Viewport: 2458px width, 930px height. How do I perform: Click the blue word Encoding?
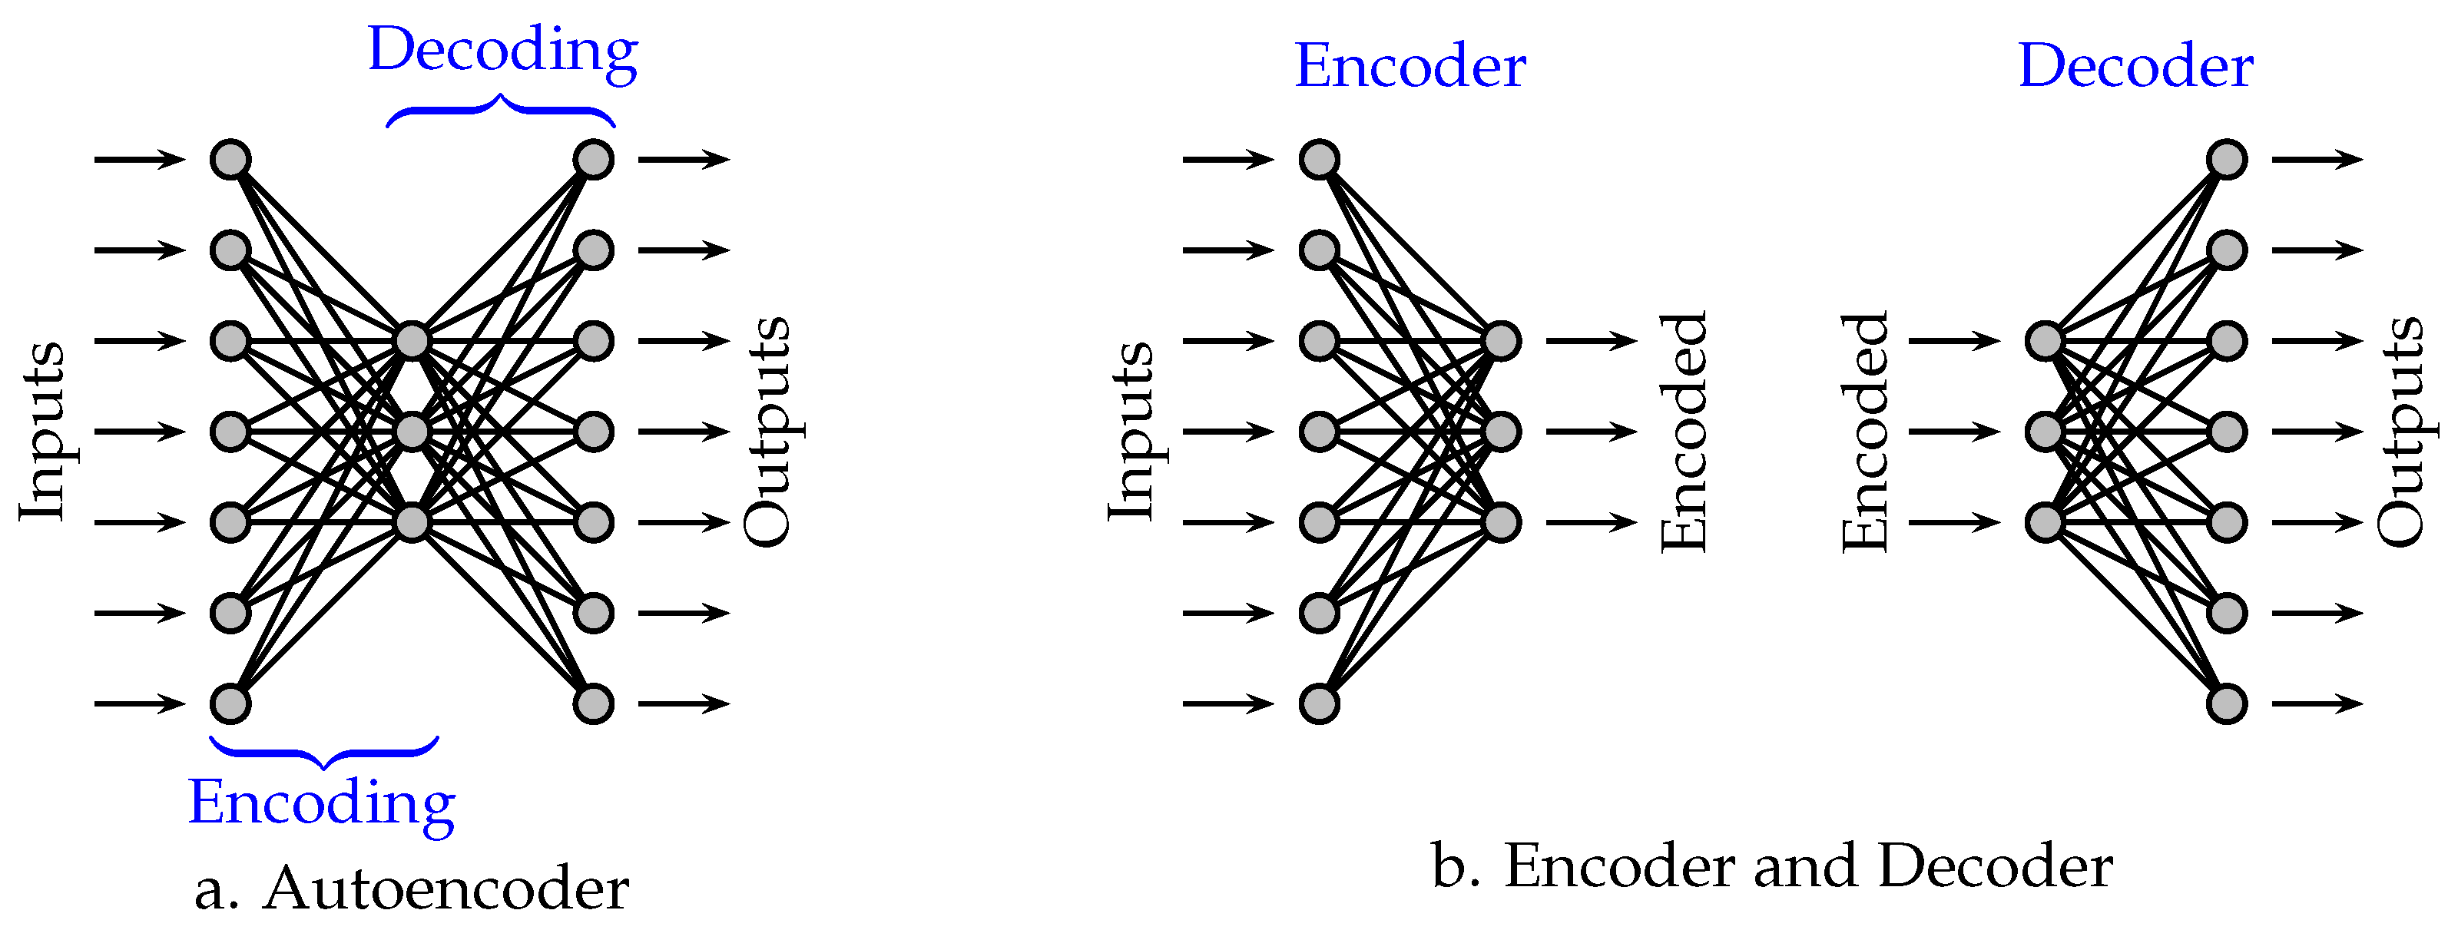coord(322,803)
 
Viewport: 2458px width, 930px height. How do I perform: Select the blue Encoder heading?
coord(1410,67)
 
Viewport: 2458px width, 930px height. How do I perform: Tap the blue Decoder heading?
coord(2135,67)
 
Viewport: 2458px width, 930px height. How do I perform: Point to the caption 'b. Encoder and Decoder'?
coord(1772,866)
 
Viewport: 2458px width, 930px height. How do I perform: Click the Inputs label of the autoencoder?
coord(43,431)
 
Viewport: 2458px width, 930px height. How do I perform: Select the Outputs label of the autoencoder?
coord(768,431)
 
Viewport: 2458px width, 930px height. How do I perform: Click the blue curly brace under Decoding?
coord(501,108)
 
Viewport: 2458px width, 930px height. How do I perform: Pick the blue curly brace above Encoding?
coord(324,753)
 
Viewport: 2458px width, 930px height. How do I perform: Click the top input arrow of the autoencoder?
coord(139,159)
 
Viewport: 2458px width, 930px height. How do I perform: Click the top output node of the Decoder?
coord(2227,159)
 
